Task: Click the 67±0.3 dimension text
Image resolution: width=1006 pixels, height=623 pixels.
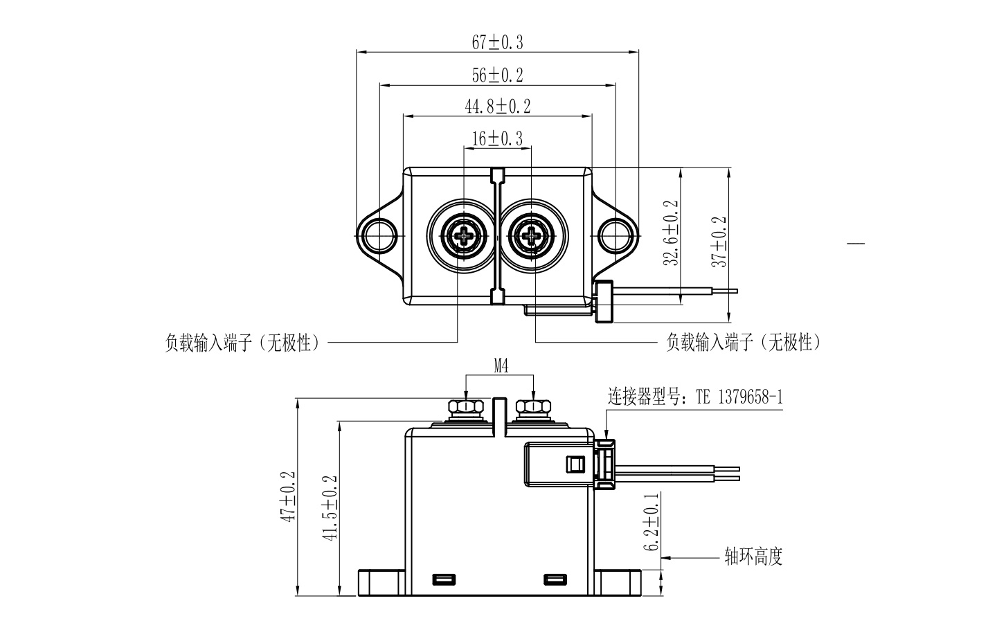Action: (497, 43)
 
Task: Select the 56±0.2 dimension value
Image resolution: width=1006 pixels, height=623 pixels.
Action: (497, 75)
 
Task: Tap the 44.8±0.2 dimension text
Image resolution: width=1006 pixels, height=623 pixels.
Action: (497, 107)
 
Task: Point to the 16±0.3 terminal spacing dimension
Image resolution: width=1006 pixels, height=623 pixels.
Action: (497, 139)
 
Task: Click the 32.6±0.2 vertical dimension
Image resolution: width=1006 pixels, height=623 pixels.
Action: (671, 234)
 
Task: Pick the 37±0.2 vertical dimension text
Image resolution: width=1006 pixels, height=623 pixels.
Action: (719, 242)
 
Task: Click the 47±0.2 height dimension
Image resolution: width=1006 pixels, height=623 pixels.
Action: (289, 496)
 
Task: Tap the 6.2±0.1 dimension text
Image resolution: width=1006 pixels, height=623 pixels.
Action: (651, 523)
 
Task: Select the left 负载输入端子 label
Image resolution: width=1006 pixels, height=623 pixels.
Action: (242, 343)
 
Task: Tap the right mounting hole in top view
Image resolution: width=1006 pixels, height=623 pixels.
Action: (616, 235)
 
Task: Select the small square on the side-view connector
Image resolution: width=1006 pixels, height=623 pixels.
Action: (574, 464)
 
